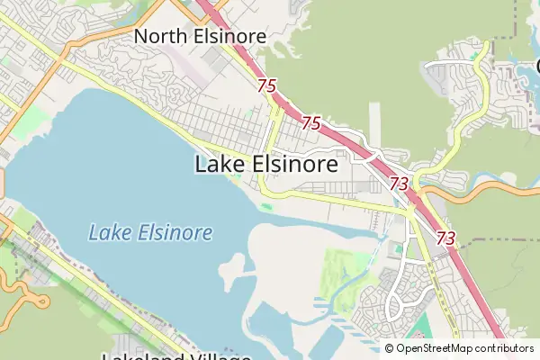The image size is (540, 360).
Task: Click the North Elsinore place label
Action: [201, 36]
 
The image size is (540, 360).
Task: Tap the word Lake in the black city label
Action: [217, 165]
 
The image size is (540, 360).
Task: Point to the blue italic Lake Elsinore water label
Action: [150, 233]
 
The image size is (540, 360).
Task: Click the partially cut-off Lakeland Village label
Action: [175, 355]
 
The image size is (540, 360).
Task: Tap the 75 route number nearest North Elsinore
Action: [265, 85]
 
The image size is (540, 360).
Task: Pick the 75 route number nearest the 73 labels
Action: [311, 122]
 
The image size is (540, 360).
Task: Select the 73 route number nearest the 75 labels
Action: [400, 184]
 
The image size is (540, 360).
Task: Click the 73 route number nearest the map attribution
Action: [445, 238]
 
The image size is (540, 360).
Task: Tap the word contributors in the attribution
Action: [505, 348]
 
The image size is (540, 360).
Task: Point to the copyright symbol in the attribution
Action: [389, 348]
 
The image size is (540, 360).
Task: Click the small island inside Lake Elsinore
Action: [231, 265]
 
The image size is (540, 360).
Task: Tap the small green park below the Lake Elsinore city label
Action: [266, 208]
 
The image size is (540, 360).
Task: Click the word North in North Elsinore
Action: [163, 36]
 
